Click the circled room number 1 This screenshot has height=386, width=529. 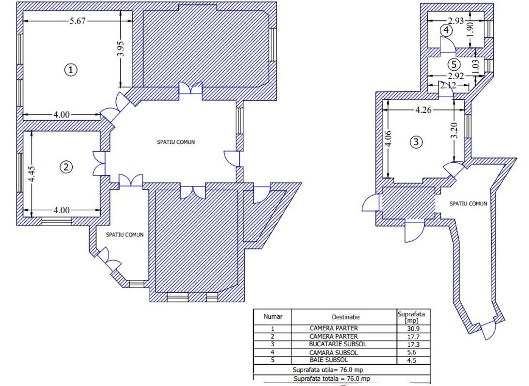pyautogui.click(x=71, y=70)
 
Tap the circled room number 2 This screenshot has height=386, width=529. pyautogui.click(x=66, y=167)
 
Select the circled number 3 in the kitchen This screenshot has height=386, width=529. pyautogui.click(x=416, y=142)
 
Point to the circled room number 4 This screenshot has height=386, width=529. pyautogui.click(x=446, y=31)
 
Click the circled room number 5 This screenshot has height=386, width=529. pyautogui.click(x=454, y=64)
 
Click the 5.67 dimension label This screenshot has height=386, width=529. pyautogui.click(x=78, y=21)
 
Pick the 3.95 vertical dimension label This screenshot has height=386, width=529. pyautogui.click(x=122, y=48)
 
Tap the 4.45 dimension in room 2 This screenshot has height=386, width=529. pyautogui.click(x=32, y=174)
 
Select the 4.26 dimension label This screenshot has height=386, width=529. pyautogui.click(x=423, y=109)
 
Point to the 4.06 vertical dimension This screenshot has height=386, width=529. pyautogui.click(x=389, y=139)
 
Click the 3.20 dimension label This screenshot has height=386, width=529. pyautogui.click(x=454, y=131)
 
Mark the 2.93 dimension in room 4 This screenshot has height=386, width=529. pyautogui.click(x=456, y=21)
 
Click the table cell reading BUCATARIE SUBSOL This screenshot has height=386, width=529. pyautogui.click(x=337, y=344)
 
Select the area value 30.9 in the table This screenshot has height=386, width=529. pyautogui.click(x=413, y=329)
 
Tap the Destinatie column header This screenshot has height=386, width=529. pyautogui.click(x=345, y=317)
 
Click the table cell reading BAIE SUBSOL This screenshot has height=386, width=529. pyautogui.click(x=328, y=360)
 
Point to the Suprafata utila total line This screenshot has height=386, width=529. pyautogui.click(x=328, y=370)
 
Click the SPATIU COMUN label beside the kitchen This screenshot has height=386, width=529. pyautogui.click(x=468, y=203)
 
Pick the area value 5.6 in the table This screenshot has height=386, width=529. pyautogui.click(x=412, y=352)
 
